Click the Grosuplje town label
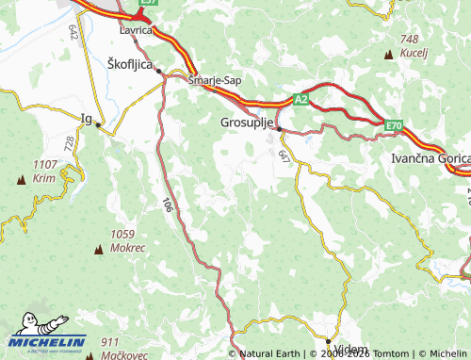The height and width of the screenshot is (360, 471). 246,123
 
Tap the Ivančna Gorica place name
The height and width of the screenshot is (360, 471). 430,159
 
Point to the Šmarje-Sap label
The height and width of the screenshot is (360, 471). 216,80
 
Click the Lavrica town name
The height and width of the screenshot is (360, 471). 136,31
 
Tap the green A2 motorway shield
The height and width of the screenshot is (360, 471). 300,98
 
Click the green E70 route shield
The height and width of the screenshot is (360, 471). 394,123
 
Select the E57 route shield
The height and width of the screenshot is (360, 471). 146,3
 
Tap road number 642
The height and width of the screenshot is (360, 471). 73,32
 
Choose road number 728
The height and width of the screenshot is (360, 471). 68,143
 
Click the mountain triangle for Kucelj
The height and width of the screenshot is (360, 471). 390,57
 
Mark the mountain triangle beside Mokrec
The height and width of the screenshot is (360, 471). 99,250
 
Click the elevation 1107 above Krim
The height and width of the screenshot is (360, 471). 44,164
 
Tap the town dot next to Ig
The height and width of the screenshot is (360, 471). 98,123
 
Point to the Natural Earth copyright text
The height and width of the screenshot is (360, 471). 270,354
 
